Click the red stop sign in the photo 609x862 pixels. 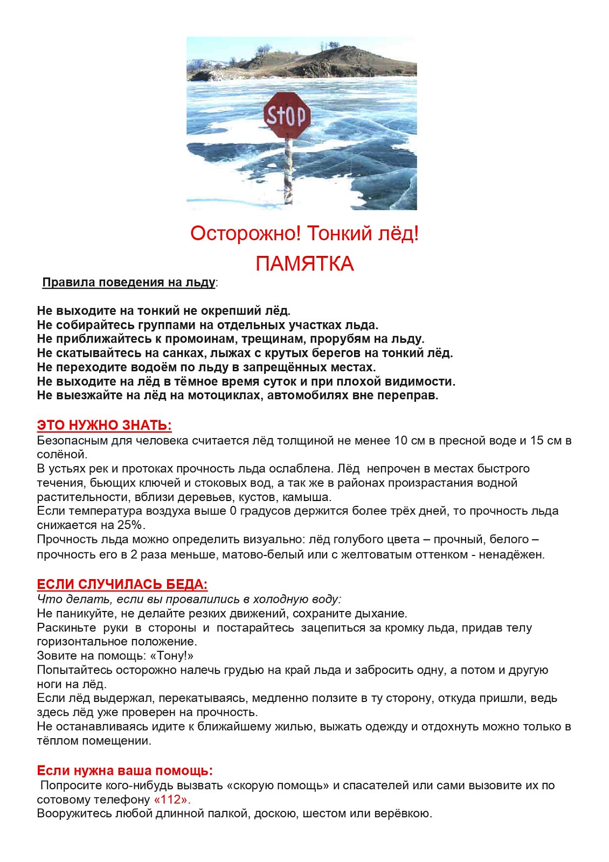287,115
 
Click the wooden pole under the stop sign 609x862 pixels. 289,170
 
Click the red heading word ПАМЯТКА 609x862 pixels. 304,264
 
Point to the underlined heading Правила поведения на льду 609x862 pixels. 129,282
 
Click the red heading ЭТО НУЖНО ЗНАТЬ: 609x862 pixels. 104,425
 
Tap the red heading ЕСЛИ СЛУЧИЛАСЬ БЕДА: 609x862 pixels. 122,585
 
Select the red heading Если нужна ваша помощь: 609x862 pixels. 124,770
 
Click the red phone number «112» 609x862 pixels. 172,800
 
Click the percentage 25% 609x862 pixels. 132,525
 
